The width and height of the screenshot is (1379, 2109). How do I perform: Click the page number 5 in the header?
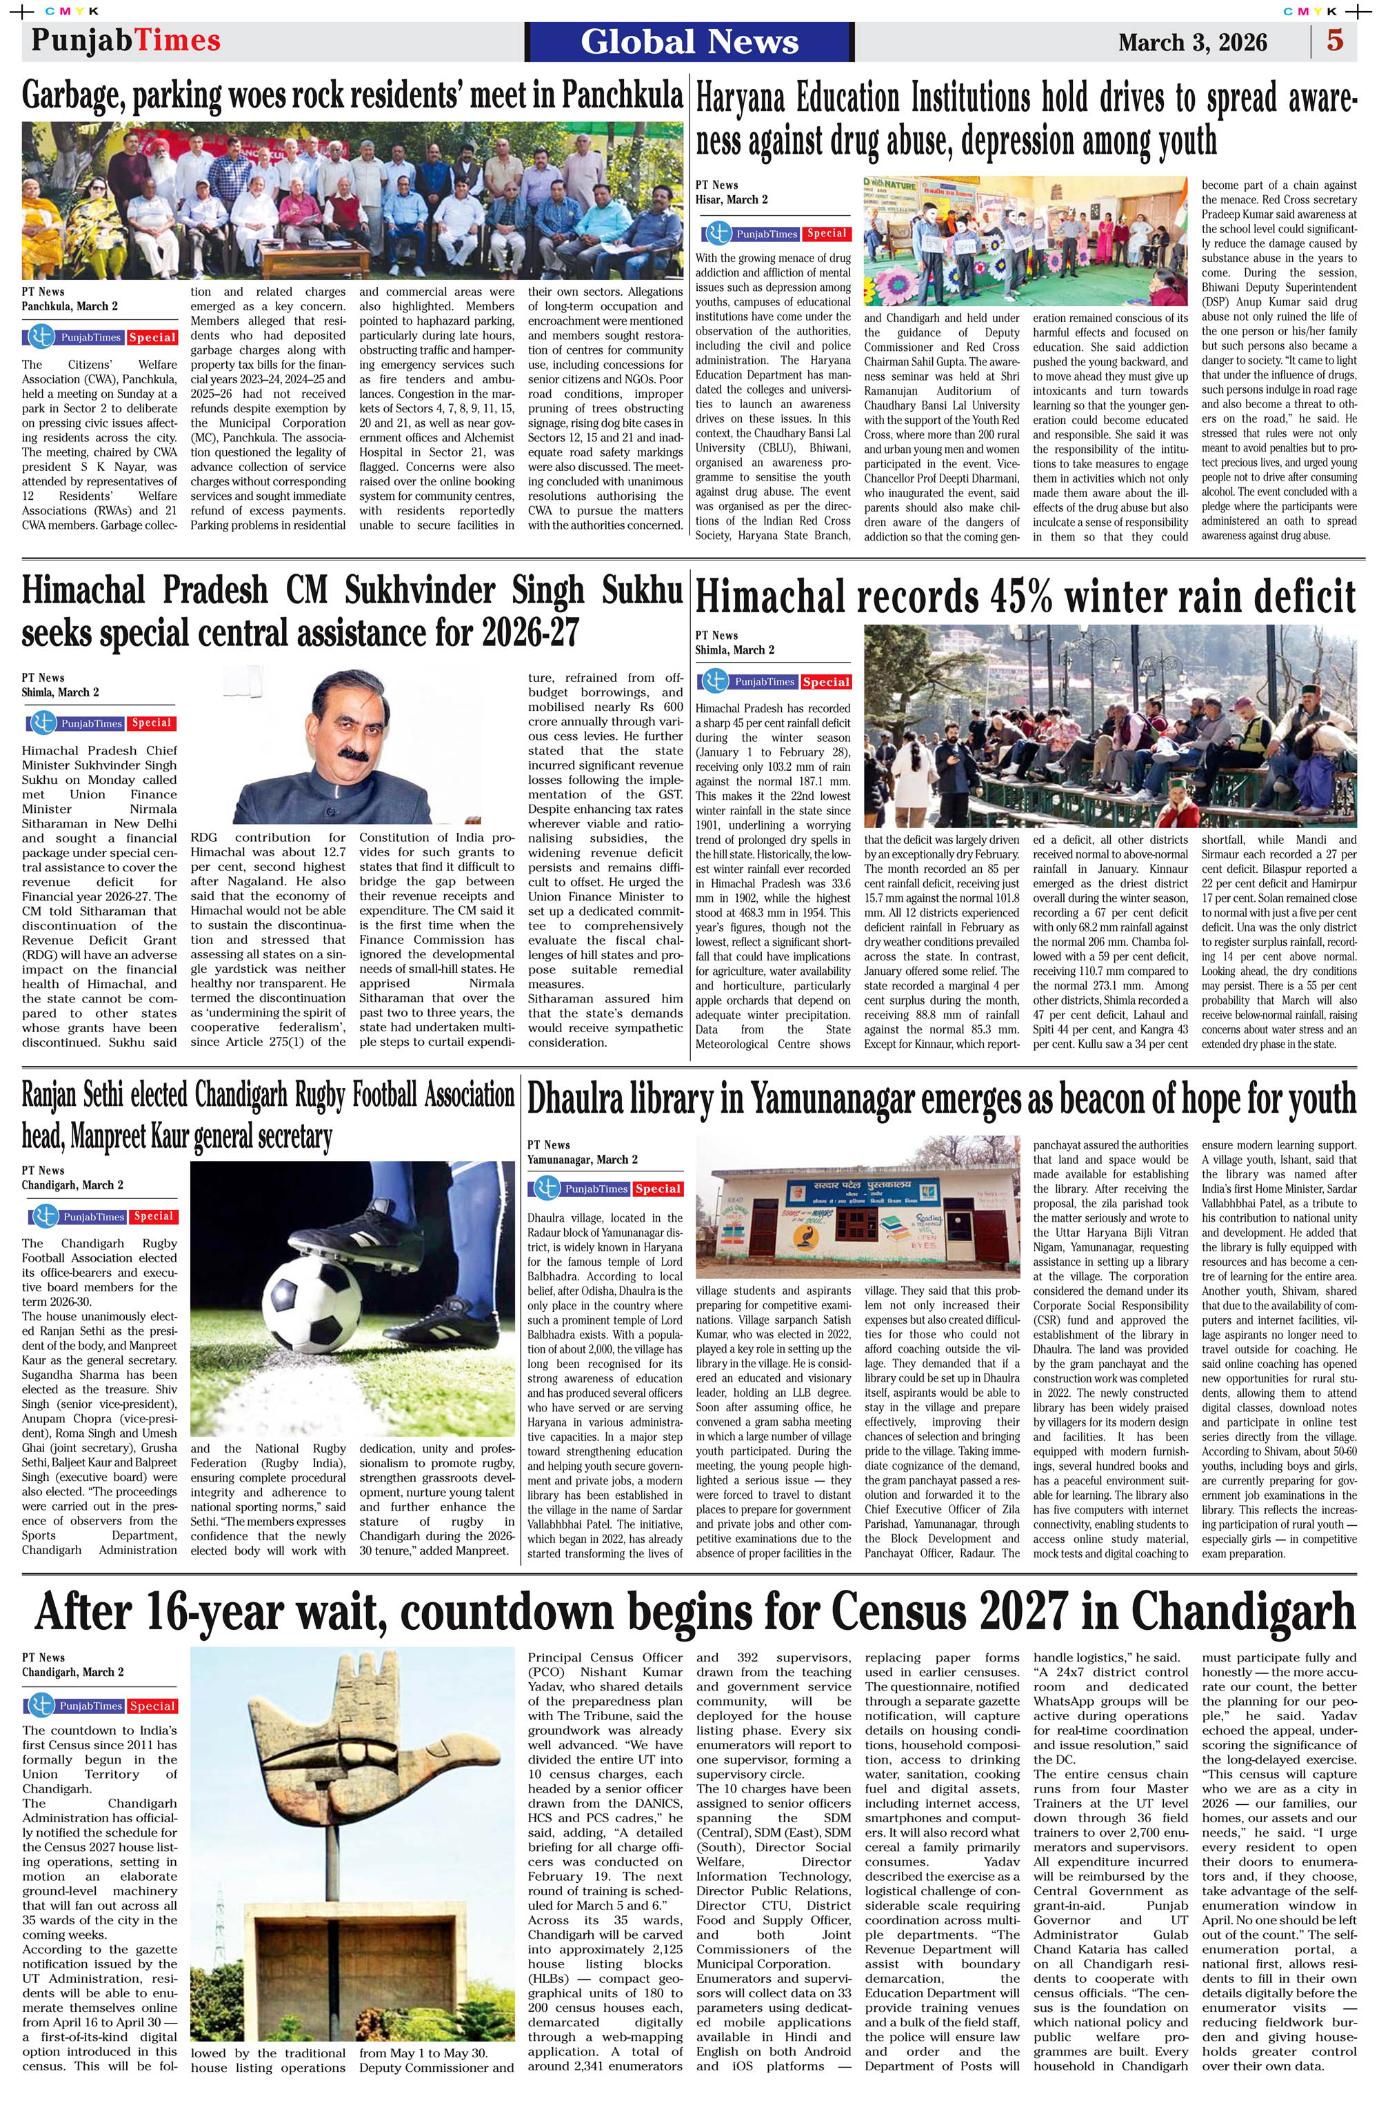pyautogui.click(x=1335, y=41)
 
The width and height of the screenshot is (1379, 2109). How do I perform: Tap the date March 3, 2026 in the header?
pyautogui.click(x=1192, y=43)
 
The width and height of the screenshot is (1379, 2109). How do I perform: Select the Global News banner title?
pyautogui.click(x=689, y=41)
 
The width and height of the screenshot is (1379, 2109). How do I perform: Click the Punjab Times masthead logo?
pyautogui.click(x=125, y=41)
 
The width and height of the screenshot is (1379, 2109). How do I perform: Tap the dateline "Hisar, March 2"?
pyautogui.click(x=731, y=199)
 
